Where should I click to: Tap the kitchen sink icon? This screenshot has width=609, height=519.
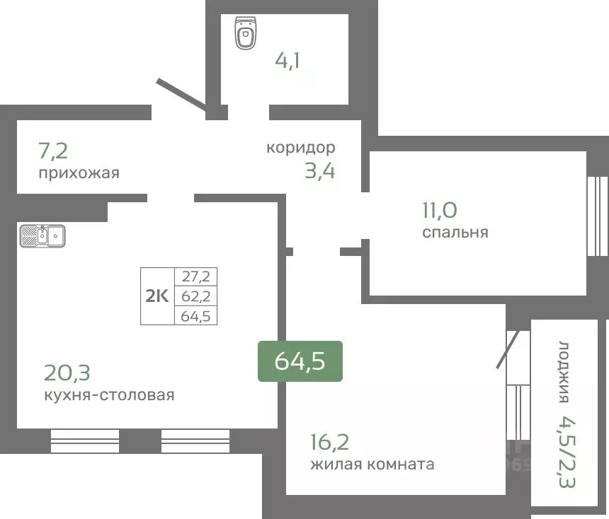(x=42, y=235)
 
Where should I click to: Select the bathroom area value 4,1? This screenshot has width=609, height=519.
(x=288, y=60)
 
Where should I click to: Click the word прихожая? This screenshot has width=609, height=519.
(x=78, y=173)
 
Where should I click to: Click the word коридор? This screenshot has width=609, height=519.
(x=300, y=148)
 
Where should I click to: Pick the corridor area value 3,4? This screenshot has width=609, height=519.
(x=319, y=171)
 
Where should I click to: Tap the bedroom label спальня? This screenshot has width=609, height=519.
(x=455, y=232)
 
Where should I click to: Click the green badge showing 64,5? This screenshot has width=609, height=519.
(x=300, y=361)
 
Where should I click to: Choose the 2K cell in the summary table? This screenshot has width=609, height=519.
(x=157, y=296)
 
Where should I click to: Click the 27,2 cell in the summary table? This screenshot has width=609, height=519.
(x=196, y=276)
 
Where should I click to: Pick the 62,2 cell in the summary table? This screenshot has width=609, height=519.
(x=196, y=296)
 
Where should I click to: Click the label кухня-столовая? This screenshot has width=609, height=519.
(x=108, y=395)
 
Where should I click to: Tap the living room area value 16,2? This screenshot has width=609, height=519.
(x=329, y=442)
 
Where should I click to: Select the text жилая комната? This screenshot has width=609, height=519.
(x=372, y=465)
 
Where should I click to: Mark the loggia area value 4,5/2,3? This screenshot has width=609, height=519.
(x=564, y=453)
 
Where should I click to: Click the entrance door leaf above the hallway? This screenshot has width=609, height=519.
(x=183, y=95)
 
